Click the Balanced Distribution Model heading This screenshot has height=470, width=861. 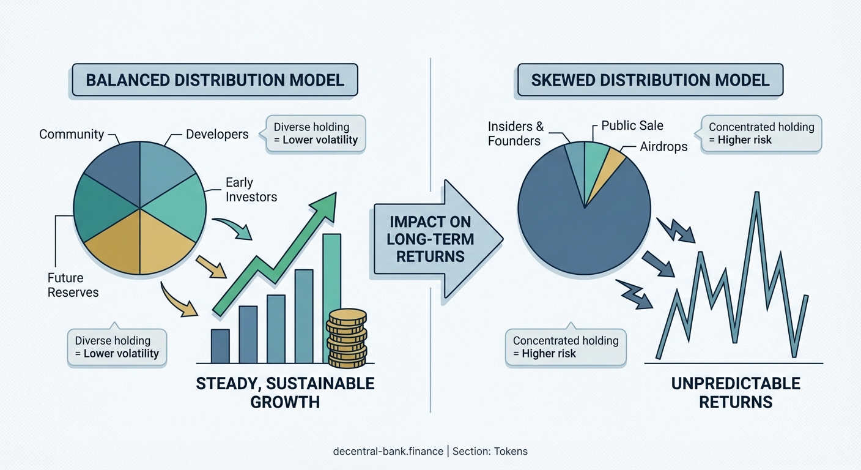(x=215, y=80)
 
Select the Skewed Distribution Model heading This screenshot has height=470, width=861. (x=650, y=80)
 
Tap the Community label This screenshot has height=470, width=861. (x=71, y=134)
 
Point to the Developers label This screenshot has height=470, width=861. (x=217, y=134)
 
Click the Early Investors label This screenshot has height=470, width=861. (x=251, y=190)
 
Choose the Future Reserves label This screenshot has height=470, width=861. (x=73, y=285)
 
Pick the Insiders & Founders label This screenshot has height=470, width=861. (x=515, y=133)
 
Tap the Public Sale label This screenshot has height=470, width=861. (x=632, y=125)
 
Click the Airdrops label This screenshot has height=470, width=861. (x=663, y=147)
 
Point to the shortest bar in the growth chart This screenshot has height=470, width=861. (x=220, y=346)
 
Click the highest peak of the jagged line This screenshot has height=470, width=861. (x=758, y=195)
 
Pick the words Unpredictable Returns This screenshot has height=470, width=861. (x=736, y=392)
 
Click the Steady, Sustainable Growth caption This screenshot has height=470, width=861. (x=284, y=392)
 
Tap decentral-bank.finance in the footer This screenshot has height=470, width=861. (x=388, y=452)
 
